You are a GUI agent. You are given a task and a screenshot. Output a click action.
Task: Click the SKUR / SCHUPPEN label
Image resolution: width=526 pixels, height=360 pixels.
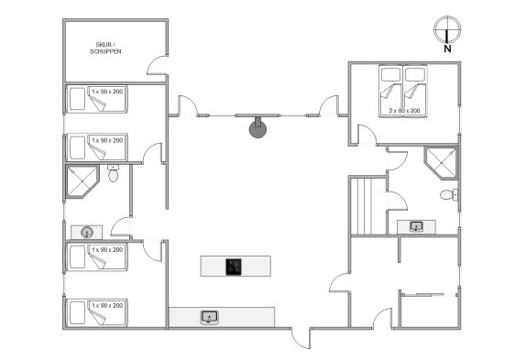click(105, 48)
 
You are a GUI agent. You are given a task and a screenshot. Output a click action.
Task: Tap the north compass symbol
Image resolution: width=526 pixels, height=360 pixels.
click(447, 29)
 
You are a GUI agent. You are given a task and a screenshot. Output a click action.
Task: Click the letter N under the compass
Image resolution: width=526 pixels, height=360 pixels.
click(447, 49)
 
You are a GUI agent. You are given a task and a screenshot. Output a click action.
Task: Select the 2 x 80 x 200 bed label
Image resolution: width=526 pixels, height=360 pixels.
click(404, 110)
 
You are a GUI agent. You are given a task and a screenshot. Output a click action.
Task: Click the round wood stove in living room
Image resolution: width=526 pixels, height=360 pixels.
click(258, 129)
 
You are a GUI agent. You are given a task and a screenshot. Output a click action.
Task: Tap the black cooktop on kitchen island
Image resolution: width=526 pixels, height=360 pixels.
click(234, 267)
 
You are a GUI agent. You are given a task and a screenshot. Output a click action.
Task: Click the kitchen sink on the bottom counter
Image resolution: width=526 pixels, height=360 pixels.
click(210, 317)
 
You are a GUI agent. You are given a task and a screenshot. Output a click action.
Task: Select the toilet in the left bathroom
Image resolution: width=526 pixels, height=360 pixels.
click(113, 173)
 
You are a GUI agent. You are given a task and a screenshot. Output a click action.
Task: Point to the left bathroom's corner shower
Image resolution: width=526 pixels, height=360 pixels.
click(82, 181)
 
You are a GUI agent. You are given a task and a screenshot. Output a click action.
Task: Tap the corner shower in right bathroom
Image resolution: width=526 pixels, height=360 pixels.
click(441, 163)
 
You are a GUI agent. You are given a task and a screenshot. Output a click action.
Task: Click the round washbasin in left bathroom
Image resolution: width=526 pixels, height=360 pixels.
click(87, 232)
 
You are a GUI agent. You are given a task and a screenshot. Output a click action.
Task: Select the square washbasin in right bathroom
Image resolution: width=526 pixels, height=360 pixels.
click(416, 226)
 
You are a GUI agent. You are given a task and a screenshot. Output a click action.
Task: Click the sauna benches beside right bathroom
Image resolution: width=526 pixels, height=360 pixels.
click(368, 206)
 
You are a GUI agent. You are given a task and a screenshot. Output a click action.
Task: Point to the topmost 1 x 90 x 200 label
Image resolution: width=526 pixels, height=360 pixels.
click(107, 92)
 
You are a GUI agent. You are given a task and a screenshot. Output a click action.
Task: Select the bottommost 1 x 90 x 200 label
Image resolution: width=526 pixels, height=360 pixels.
click(107, 305)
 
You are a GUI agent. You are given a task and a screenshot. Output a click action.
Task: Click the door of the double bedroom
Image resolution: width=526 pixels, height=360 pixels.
click(367, 135)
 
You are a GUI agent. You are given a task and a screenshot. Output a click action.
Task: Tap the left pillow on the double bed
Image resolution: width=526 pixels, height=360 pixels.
click(390, 74)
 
